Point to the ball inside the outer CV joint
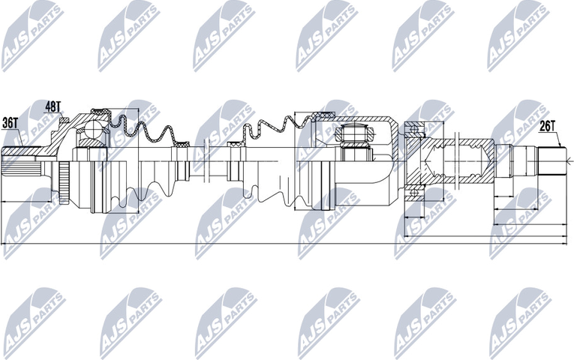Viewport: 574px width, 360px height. click(x=92, y=132)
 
